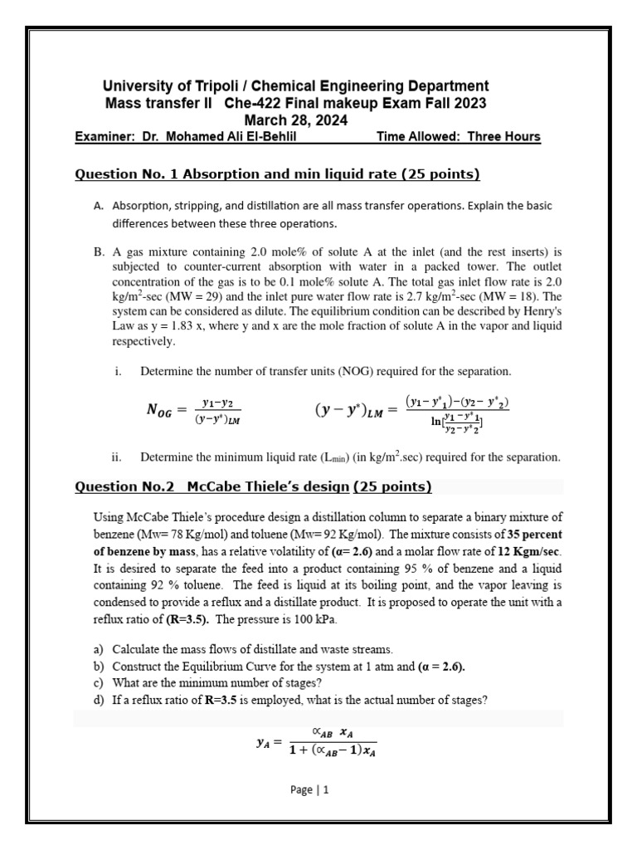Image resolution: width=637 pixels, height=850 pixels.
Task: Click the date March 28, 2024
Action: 294,120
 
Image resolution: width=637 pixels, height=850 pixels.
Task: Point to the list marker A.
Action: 99,206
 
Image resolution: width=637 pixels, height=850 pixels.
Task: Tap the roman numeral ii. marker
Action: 117,457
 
